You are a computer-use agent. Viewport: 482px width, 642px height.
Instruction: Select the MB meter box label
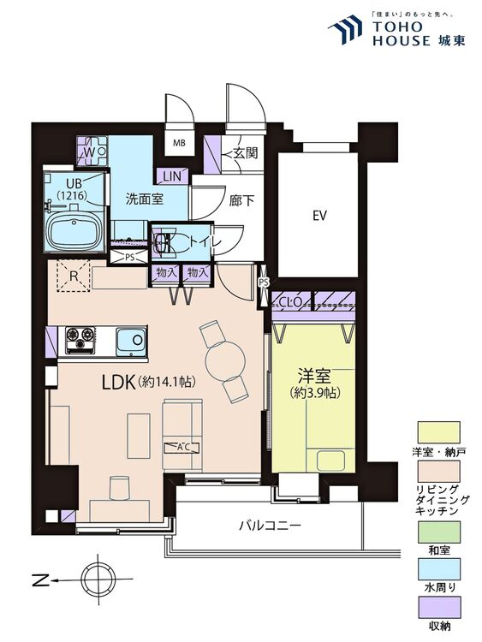181,144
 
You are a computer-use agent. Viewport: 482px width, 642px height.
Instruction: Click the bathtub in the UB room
72,230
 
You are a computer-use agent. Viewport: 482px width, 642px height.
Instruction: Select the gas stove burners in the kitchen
80,339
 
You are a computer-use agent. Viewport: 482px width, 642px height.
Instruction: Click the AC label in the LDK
181,447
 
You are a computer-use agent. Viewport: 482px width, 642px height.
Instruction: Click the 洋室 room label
314,376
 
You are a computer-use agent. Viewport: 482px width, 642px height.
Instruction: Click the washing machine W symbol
89,152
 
